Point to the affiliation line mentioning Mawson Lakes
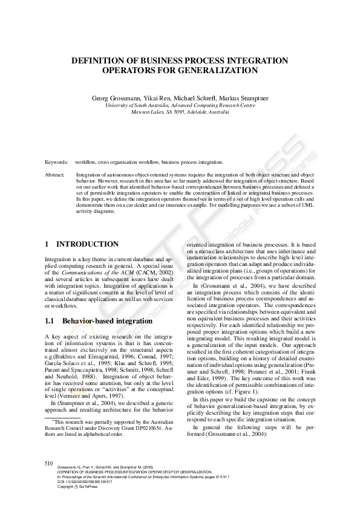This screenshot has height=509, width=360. click(180, 112)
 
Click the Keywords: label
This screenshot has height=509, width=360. click(57, 162)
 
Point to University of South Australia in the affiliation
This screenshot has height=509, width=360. click(136, 105)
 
